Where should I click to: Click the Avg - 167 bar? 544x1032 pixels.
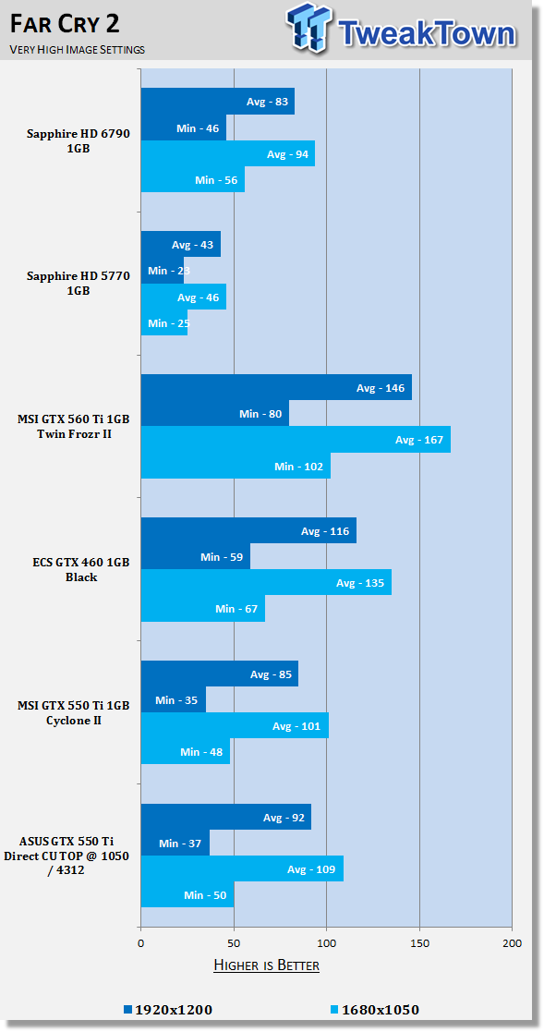296,439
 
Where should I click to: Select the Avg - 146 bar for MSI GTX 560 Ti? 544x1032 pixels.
276,387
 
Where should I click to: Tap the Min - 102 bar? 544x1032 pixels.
236,466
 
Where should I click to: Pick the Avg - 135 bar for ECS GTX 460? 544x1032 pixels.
266,582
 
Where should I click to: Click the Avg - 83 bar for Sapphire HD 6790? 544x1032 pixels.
218,102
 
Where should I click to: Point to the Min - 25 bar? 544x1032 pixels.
164,322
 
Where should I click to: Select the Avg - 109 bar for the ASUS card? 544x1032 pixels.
242,868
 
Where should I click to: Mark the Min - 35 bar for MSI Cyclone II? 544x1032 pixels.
174,699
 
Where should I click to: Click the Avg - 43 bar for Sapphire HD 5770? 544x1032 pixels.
181,244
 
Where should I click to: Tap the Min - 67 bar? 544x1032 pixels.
203,609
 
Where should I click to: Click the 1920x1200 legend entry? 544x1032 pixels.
168,1009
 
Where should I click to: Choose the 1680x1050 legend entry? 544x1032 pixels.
374,1009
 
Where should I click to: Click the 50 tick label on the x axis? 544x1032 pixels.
234,943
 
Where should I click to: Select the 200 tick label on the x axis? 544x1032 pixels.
512,943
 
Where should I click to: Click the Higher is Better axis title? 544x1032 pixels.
266,965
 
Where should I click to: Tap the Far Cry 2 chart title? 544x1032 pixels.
65,25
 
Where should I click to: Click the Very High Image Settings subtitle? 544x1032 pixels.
77,49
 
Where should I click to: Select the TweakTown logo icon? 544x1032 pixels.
309,29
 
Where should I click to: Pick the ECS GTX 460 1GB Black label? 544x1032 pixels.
81,570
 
